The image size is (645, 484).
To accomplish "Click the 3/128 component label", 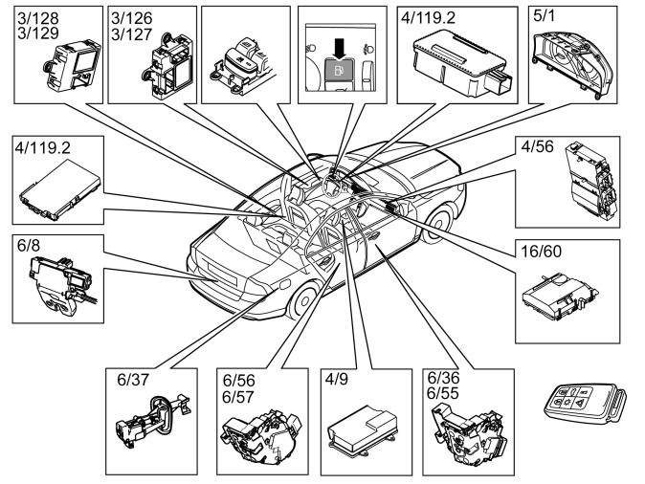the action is coord(38,18).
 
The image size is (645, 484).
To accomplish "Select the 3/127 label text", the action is coord(132,34).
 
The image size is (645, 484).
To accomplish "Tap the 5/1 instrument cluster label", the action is coord(544,16).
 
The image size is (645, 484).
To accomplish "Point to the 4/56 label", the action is coord(537,146).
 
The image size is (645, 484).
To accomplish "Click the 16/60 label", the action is coord(541,252).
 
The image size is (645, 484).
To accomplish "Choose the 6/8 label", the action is coord(29,246).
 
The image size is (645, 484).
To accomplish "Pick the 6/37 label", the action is coord(133,380).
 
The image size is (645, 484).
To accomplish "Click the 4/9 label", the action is coord(337,379).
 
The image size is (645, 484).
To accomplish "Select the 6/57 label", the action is coord(238,397).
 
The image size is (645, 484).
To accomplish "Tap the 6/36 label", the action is coord(443,378).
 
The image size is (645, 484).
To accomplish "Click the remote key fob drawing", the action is coord(585,402).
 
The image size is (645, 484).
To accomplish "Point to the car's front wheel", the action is coord(439,223).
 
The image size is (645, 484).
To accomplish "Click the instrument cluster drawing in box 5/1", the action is coord(572,61).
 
